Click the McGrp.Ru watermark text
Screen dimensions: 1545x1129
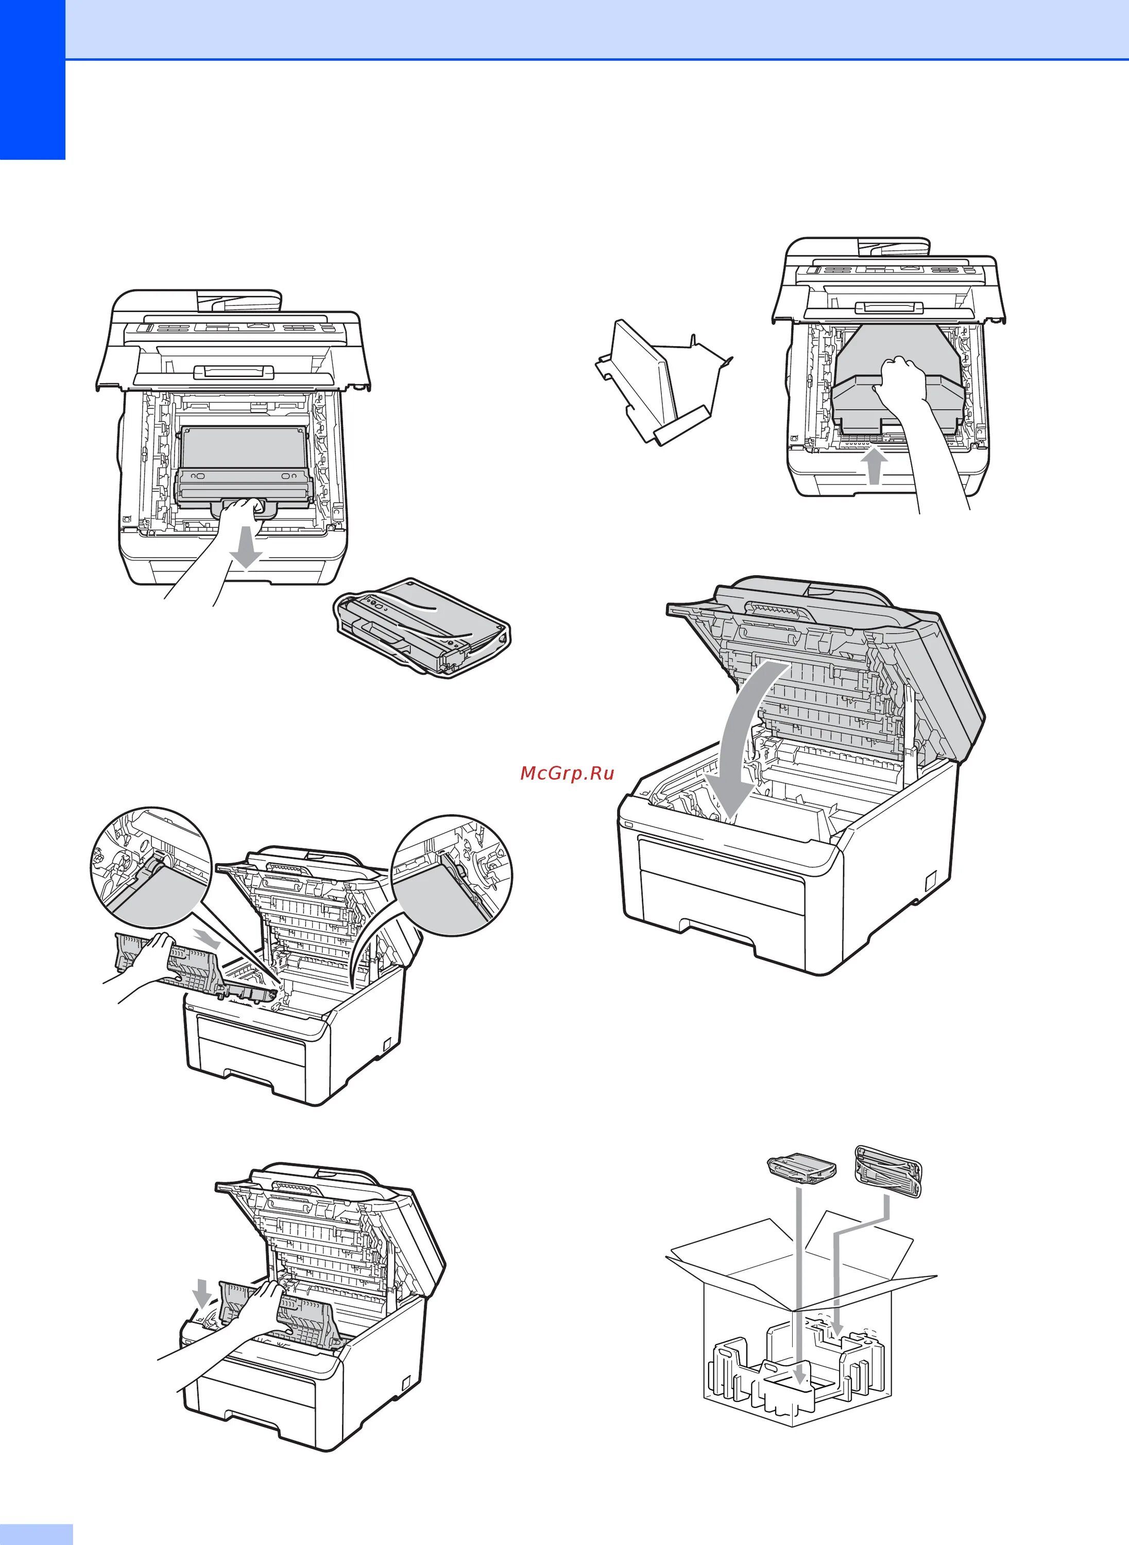[567, 773]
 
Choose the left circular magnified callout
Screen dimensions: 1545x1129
[150, 868]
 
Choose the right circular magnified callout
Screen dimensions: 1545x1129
[452, 874]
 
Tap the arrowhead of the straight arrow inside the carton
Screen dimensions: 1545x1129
[798, 1374]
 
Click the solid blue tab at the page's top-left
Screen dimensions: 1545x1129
[32, 79]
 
